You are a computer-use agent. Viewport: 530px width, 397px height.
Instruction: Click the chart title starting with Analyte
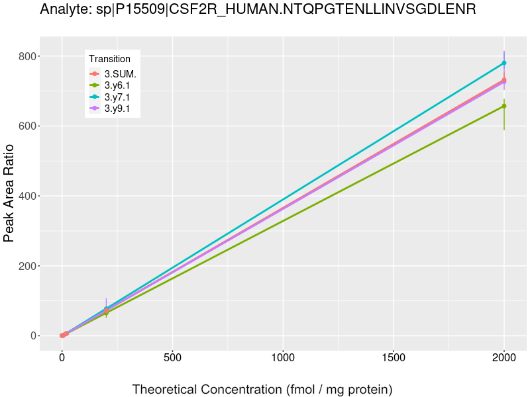(258, 10)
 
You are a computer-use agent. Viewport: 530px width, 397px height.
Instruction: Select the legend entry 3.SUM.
(120, 74)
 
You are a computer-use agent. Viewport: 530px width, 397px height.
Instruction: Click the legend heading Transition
(110, 59)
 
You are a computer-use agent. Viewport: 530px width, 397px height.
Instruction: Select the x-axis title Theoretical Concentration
(262, 389)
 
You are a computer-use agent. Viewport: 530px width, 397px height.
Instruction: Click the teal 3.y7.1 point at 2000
(504, 63)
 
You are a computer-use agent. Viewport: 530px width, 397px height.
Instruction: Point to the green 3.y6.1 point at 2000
(504, 106)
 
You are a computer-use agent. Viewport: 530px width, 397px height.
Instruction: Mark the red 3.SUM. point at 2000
(504, 80)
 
